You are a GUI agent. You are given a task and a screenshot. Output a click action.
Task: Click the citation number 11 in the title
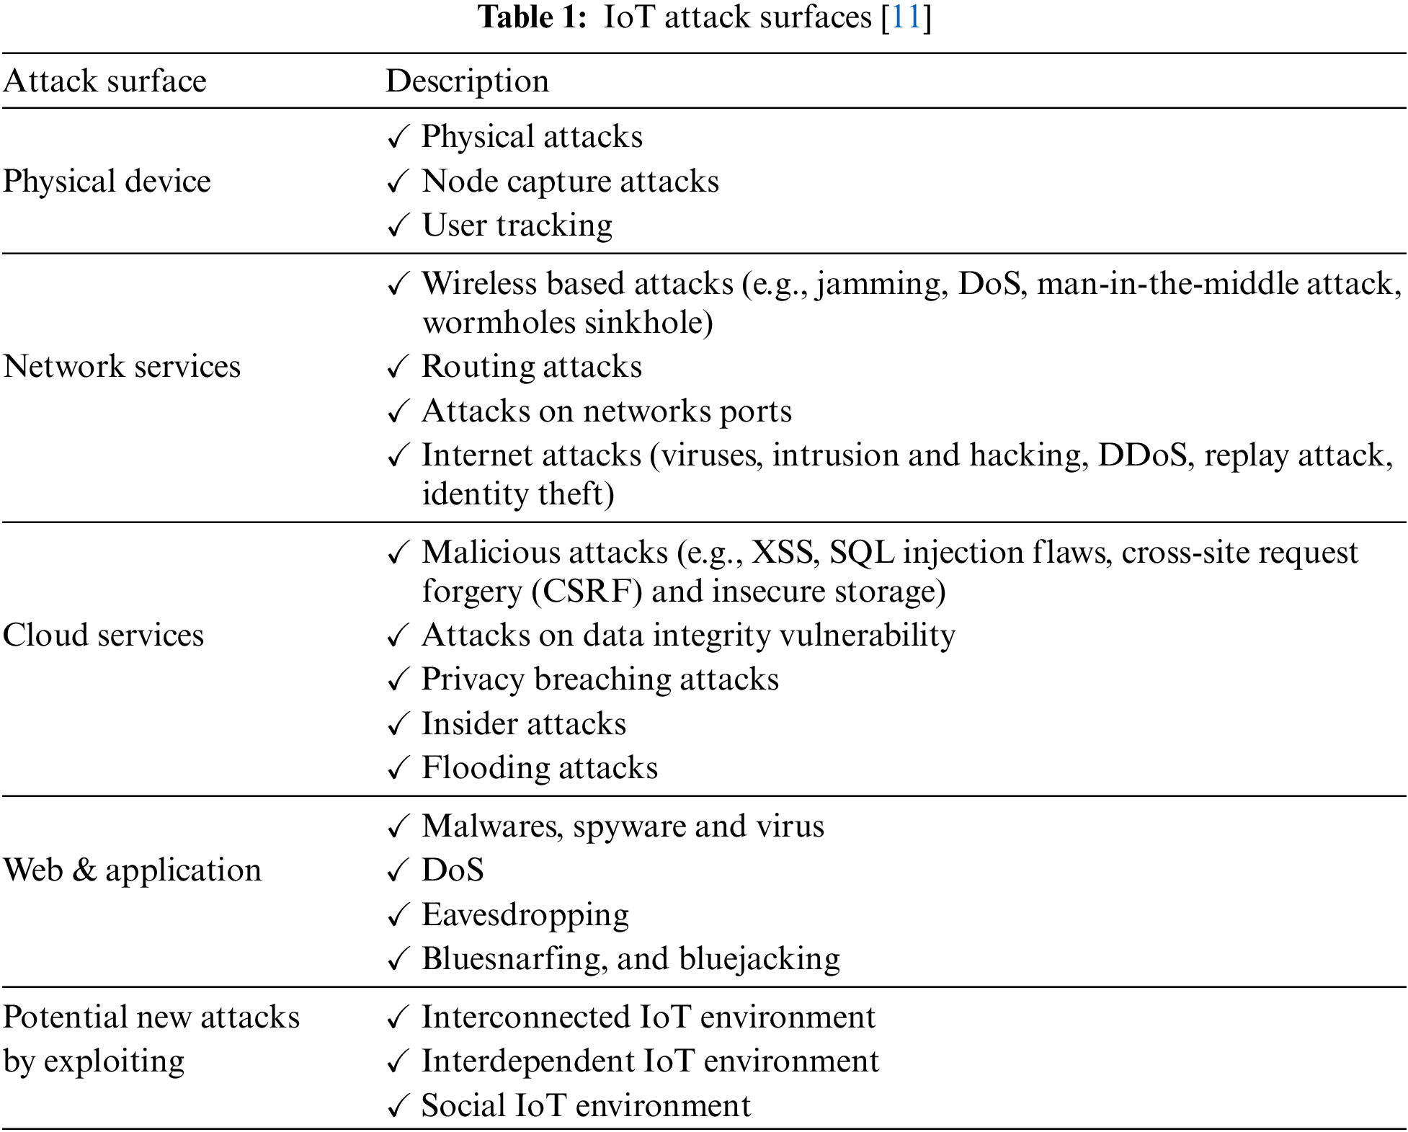pyautogui.click(x=906, y=17)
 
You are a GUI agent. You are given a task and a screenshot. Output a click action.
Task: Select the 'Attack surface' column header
pyautogui.click(x=104, y=81)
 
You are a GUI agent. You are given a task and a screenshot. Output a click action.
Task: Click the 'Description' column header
pyautogui.click(x=467, y=81)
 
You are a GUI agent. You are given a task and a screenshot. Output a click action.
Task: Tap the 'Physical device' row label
pyautogui.click(x=107, y=181)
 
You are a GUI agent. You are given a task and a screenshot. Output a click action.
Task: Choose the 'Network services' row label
pyautogui.click(x=122, y=366)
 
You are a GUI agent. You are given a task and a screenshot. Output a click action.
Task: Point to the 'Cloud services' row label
pyautogui.click(x=103, y=635)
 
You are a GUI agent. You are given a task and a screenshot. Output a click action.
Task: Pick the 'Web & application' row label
pyautogui.click(x=132, y=870)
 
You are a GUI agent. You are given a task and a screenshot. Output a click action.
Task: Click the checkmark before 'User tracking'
pyautogui.click(x=398, y=226)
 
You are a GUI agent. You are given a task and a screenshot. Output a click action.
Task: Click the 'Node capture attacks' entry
pyautogui.click(x=570, y=181)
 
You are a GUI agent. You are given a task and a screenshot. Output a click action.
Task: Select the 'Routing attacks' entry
pyautogui.click(x=531, y=366)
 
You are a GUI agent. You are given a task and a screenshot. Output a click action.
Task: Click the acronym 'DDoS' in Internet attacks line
pyautogui.click(x=1142, y=455)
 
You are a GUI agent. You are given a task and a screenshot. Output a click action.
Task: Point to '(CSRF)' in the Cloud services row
pyautogui.click(x=587, y=591)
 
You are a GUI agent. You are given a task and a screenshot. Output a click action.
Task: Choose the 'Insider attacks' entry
pyautogui.click(x=523, y=723)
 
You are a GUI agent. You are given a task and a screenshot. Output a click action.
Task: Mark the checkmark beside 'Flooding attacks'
pyautogui.click(x=398, y=768)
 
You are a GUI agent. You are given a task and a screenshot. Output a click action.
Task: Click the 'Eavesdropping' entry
pyautogui.click(x=525, y=914)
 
